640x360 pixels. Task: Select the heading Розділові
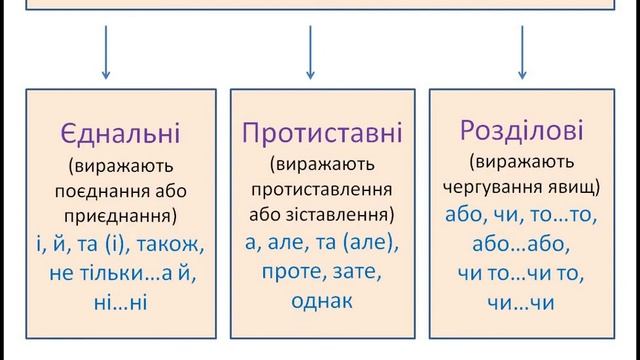[x=521, y=131]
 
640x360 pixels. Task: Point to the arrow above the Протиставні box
[x=310, y=52]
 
